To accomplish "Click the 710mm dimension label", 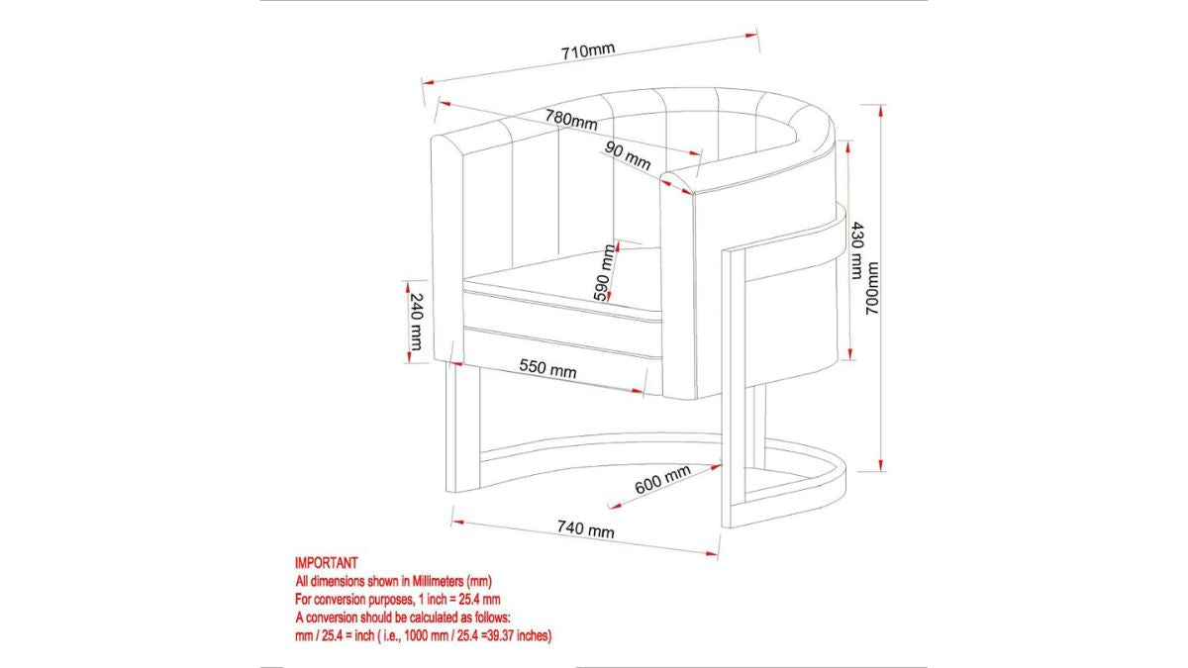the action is tap(588, 51).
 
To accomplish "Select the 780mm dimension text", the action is tap(571, 120).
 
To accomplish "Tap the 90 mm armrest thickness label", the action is tap(628, 156).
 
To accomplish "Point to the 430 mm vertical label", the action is tap(857, 250).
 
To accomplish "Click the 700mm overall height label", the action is tap(872, 288).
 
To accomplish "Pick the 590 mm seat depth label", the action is tap(605, 272).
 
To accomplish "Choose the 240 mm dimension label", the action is tap(417, 322).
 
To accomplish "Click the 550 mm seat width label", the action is tap(547, 368).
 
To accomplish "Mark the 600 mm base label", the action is tap(663, 479).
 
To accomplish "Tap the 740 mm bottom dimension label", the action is tap(585, 528).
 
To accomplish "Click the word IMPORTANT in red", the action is tap(326, 562).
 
